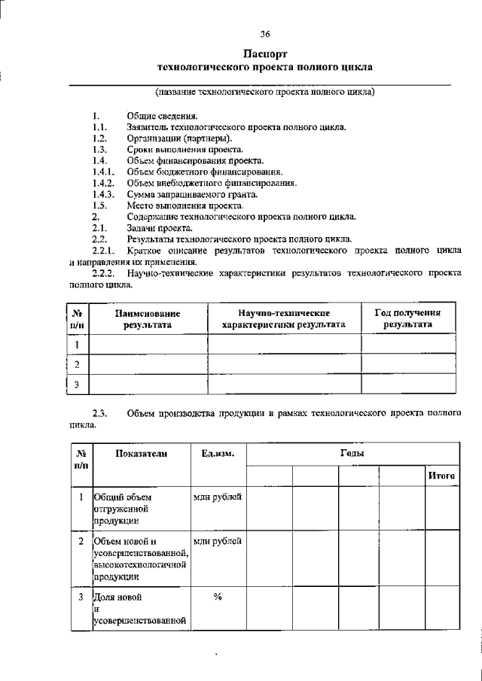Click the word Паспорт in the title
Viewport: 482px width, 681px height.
[264, 54]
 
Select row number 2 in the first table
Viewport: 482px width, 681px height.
[78, 364]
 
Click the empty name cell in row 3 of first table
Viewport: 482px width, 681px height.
[148, 385]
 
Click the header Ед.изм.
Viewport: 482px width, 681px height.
[218, 453]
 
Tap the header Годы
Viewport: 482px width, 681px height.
[352, 454]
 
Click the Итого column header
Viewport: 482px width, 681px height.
[441, 476]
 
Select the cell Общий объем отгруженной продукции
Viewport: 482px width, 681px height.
[139, 508]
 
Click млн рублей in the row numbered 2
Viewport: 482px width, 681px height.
[218, 541]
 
